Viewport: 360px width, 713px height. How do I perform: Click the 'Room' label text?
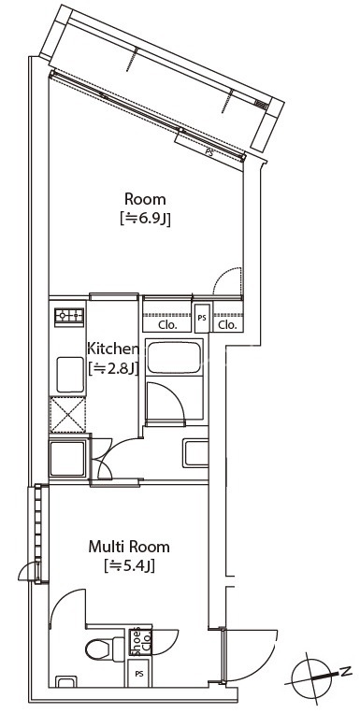tap(145, 199)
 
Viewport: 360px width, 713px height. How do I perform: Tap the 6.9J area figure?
tap(145, 221)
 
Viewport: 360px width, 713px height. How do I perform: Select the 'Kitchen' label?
tap(112, 349)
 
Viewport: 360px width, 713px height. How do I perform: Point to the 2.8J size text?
tap(112, 368)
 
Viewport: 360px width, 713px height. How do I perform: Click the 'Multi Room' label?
tap(129, 546)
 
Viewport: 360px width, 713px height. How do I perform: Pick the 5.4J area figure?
tap(129, 566)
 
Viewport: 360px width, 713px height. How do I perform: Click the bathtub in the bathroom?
tap(174, 358)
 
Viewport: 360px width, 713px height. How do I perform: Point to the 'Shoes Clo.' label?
tap(139, 641)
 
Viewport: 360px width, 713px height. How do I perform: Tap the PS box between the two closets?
tap(202, 318)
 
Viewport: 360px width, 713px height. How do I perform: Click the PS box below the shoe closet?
tap(138, 674)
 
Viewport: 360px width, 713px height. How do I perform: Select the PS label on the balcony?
tap(209, 153)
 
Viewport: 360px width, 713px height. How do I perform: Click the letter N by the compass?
tap(346, 670)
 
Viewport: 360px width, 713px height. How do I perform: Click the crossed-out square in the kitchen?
tap(67, 415)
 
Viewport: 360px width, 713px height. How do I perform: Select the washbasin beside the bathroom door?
tap(195, 453)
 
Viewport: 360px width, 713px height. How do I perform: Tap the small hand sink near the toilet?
tap(66, 681)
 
